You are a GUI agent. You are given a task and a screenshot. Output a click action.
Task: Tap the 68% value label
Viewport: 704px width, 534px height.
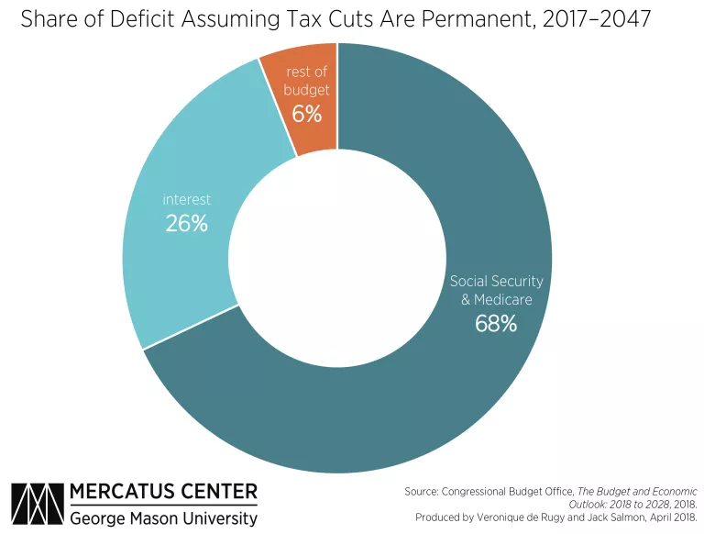pyautogui.click(x=496, y=323)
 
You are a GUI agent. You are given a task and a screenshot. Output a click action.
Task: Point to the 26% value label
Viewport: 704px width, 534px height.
pyautogui.click(x=187, y=223)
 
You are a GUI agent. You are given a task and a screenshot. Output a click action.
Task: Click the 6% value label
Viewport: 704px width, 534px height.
pyautogui.click(x=307, y=114)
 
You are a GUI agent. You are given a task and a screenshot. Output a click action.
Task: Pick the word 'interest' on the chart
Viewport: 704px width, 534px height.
pyautogui.click(x=187, y=199)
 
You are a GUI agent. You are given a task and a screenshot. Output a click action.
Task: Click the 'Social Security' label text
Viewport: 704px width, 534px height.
pyautogui.click(x=496, y=281)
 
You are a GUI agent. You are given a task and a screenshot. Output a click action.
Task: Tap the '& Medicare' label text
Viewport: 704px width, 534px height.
pyautogui.click(x=496, y=300)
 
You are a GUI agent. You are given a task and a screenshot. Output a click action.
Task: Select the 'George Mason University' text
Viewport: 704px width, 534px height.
pyautogui.click(x=164, y=518)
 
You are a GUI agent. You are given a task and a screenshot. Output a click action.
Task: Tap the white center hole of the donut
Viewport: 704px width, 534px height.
pyautogui.click(x=337, y=257)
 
